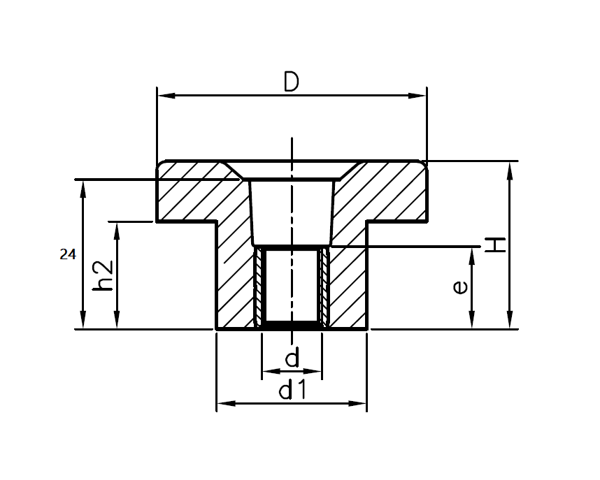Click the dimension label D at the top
point(292,82)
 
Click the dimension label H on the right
point(495,245)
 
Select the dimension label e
point(459,287)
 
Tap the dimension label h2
point(102,275)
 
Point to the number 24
point(67,255)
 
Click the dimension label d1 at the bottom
point(292,391)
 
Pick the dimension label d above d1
point(292,359)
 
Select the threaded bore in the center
point(292,286)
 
